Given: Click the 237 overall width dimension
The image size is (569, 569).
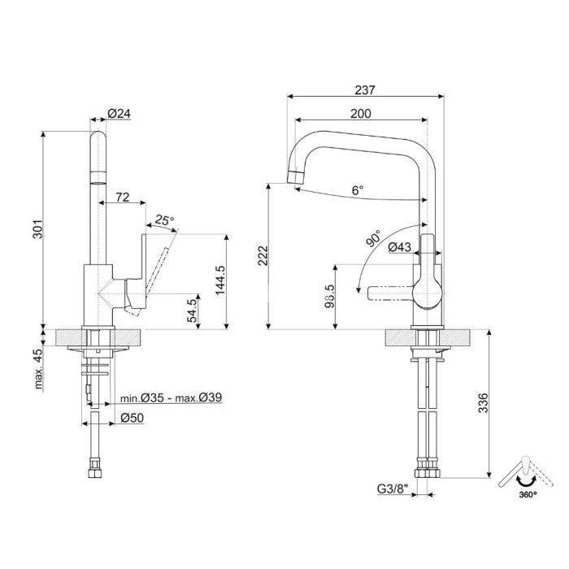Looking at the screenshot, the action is click(x=364, y=90).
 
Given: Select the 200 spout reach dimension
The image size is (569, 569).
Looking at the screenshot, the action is click(x=361, y=114).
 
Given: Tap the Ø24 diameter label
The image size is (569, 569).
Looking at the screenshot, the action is click(x=119, y=114).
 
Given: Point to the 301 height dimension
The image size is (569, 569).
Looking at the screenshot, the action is click(x=37, y=229).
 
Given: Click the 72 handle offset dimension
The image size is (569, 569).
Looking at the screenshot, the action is click(x=123, y=197).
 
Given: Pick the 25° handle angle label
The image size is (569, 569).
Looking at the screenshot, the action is click(x=164, y=220).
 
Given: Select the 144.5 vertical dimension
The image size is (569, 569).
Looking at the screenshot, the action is click(x=219, y=280).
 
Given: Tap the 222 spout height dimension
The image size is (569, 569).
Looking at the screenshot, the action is click(x=263, y=255).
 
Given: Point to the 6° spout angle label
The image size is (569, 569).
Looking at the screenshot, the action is click(x=358, y=190).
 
